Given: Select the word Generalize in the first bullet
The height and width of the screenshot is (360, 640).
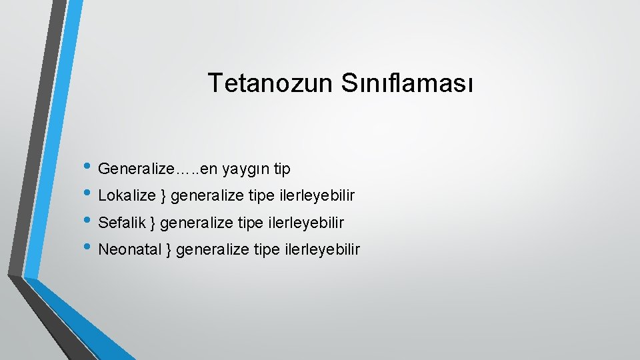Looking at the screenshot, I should (135, 169).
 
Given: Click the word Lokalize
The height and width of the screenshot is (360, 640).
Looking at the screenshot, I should (127, 196).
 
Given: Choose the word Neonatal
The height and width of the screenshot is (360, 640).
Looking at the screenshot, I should (130, 249).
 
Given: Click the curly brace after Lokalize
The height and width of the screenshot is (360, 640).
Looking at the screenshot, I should (163, 197).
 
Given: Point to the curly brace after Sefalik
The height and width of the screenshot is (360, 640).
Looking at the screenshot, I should (153, 223).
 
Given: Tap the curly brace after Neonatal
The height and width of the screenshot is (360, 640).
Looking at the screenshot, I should (169, 250).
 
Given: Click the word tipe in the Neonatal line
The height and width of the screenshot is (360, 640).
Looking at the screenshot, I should (268, 250).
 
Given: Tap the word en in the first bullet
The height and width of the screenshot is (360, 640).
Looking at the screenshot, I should (209, 170).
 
